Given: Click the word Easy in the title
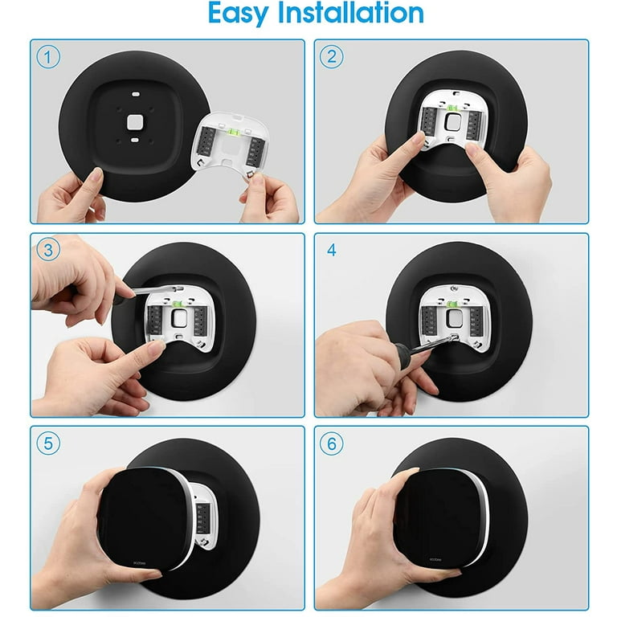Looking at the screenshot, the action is pyautogui.click(x=238, y=14).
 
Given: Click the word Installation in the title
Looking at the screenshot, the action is pyautogui.click(x=350, y=13).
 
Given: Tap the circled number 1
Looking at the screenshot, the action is pyautogui.click(x=48, y=57).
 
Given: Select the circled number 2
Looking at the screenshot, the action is pyautogui.click(x=331, y=57).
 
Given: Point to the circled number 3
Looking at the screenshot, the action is pyautogui.click(x=48, y=250).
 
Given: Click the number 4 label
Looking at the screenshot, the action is pyautogui.click(x=331, y=251).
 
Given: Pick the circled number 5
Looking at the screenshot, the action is pyautogui.click(x=48, y=443).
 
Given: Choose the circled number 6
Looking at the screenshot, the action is pyautogui.click(x=331, y=443).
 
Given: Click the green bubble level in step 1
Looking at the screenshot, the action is pyautogui.click(x=234, y=133).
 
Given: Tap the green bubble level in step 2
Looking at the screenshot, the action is pyautogui.click(x=452, y=108).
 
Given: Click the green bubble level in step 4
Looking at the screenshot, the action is pyautogui.click(x=452, y=304).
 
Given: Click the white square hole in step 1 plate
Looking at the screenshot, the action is pyautogui.click(x=135, y=122).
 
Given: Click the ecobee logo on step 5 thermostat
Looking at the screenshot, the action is pyautogui.click(x=139, y=563).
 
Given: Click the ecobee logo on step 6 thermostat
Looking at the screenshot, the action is pyautogui.click(x=435, y=559).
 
